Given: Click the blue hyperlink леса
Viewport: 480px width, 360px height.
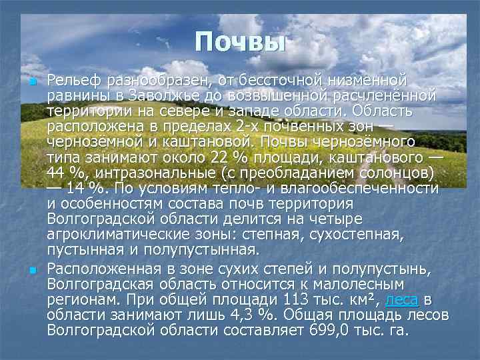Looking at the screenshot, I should [x=403, y=299].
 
